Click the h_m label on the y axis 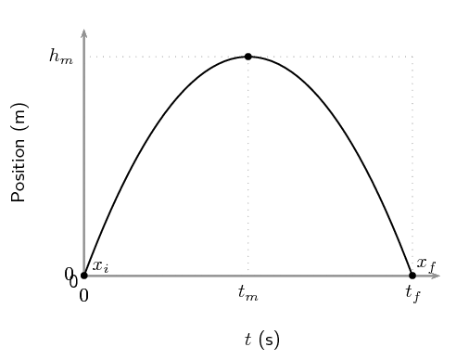[60, 58]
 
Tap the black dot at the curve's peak [248, 57]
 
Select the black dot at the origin [84, 276]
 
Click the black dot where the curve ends [412, 276]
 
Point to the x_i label [100, 267]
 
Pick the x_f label [426, 264]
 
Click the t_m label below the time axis [248, 293]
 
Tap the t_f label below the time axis [412, 294]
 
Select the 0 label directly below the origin [83, 296]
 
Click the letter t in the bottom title [248, 340]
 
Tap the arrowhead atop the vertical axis [84, 33]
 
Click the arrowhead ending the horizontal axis [435, 276]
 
